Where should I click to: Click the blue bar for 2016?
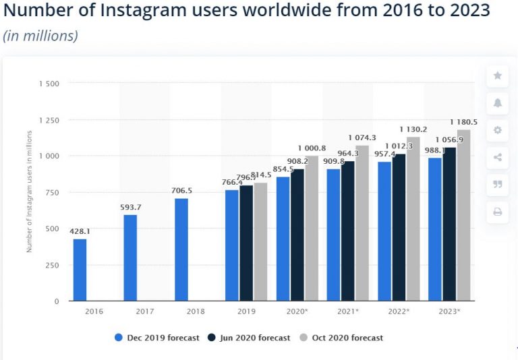(80, 270)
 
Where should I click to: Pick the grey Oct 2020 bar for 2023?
(463, 215)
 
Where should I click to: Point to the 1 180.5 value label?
(463, 122)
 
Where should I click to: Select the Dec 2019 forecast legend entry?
(157, 338)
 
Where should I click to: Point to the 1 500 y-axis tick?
(50, 84)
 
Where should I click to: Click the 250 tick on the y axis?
(53, 266)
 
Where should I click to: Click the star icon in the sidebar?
(498, 76)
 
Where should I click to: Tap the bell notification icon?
(498, 103)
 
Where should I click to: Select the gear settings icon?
(498, 130)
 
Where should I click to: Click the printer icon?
(498, 212)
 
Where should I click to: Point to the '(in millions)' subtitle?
(40, 36)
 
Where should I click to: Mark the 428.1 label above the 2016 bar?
(80, 231)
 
